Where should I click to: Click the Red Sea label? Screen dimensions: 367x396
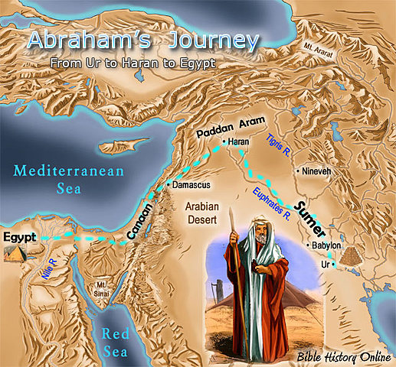tap(119, 341)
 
